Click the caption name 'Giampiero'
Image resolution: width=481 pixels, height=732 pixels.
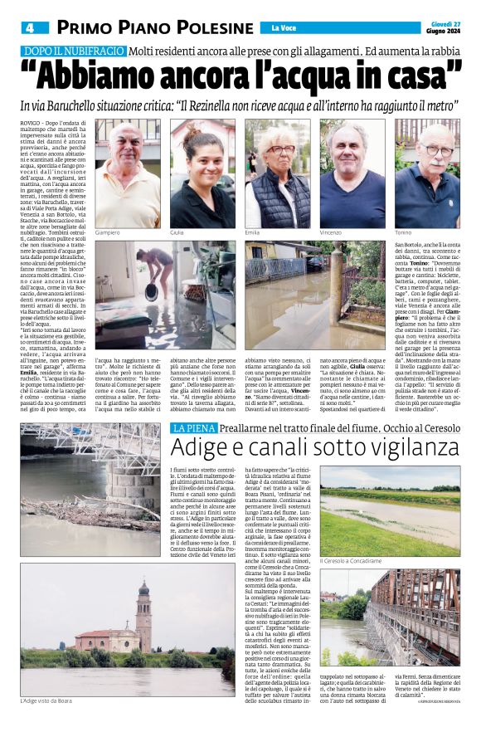point(109,233)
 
